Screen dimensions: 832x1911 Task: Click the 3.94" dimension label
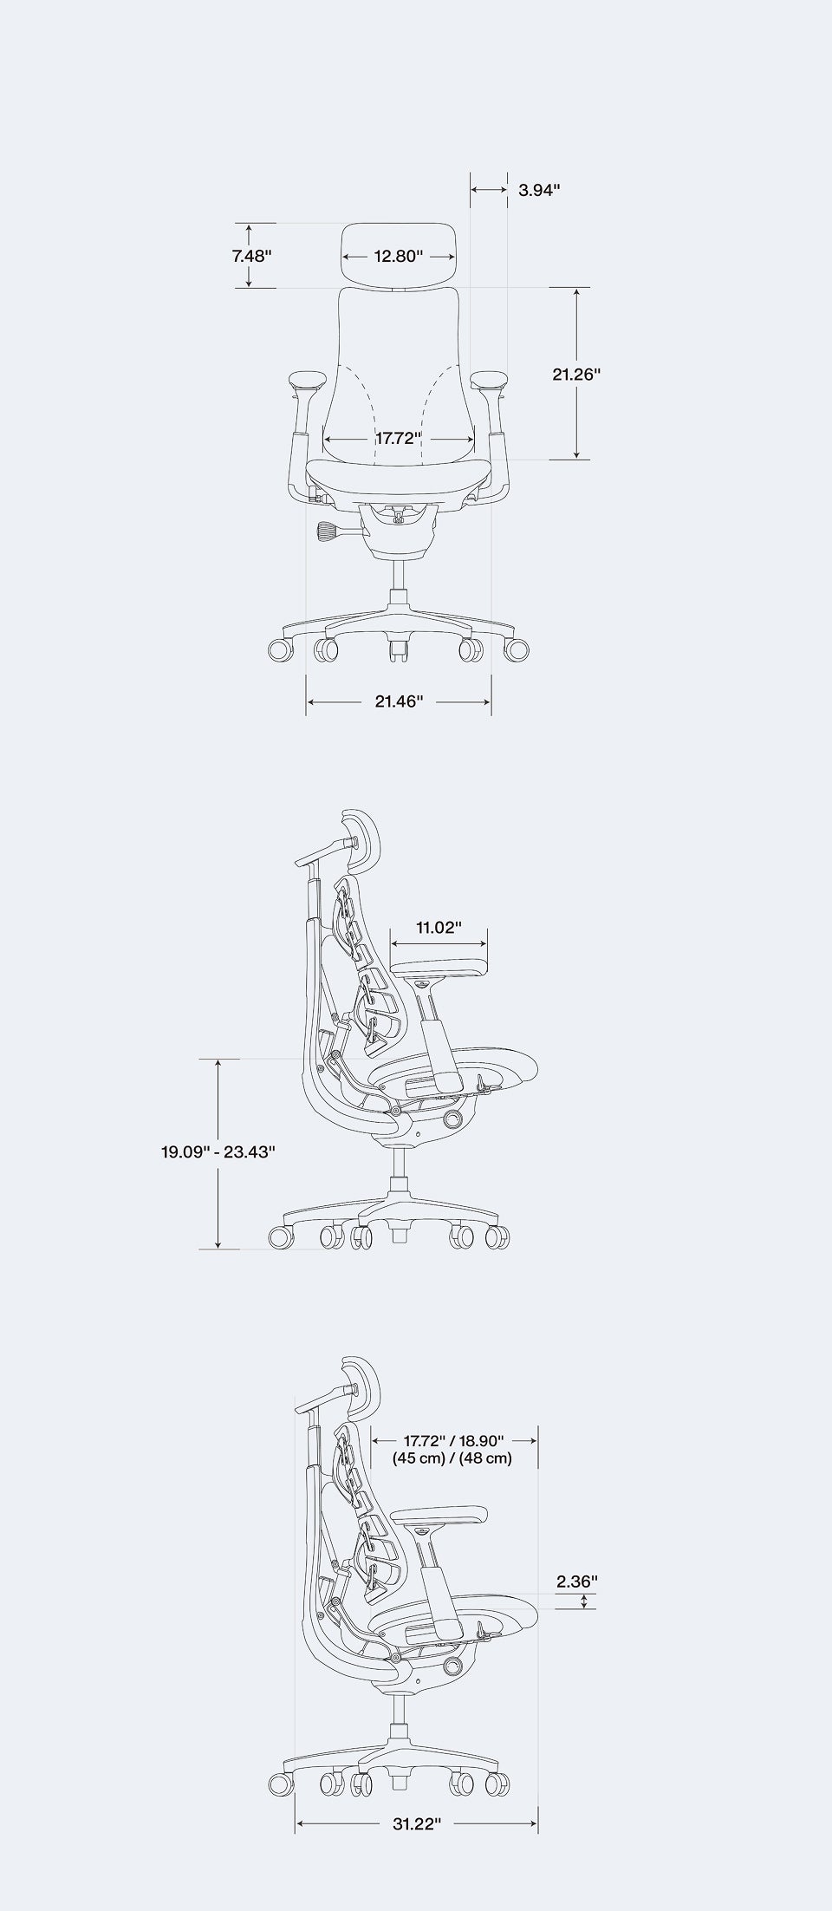coord(539,189)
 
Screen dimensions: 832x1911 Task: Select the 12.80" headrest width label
coord(399,256)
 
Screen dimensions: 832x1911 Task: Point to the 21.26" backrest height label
coord(576,374)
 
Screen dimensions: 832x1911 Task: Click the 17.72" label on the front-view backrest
coord(399,437)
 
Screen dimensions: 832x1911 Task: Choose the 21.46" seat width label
coord(399,701)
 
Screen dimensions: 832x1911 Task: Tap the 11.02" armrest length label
coord(439,928)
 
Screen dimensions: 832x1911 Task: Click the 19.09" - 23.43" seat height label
coord(218,1152)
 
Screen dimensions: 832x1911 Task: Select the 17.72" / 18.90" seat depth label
coord(453,1440)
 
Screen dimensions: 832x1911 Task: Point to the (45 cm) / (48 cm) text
coord(453,1458)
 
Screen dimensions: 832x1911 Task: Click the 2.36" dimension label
coord(577,1581)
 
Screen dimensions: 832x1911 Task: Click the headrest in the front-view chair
coord(399,255)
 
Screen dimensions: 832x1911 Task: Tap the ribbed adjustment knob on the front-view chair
coord(330,530)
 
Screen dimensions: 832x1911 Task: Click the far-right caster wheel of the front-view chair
coord(517,649)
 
